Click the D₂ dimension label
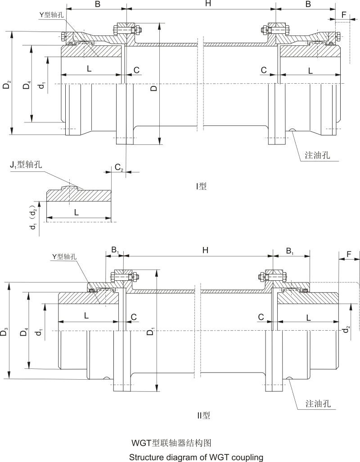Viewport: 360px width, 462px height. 6,84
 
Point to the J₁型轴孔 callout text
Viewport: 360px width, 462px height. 27,165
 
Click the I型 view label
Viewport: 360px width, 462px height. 201,185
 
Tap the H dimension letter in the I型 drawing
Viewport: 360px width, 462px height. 208,4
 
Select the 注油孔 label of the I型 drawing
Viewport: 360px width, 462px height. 318,156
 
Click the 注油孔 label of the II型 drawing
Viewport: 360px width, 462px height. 318,403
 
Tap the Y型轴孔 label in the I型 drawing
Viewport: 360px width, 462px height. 51,14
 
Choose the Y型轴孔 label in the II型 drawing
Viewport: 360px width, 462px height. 64,256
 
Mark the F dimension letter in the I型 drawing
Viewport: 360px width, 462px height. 344,14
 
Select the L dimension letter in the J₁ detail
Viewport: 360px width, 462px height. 76,212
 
